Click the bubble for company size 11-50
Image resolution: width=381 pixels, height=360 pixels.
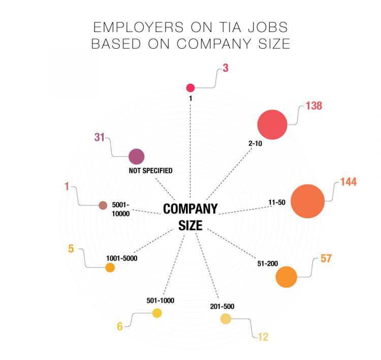pyautogui.click(x=307, y=201)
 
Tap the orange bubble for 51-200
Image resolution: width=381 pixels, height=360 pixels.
pyautogui.click(x=286, y=277)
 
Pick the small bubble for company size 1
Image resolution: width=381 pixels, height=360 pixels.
pyautogui.click(x=190, y=87)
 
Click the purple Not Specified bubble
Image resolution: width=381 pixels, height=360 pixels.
pyautogui.click(x=136, y=157)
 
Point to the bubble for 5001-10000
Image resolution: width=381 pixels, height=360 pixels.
pyautogui.click(x=103, y=205)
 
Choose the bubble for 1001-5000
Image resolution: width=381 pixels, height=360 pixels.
pyautogui.click(x=110, y=267)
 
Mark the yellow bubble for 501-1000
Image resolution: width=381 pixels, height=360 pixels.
pyautogui.click(x=156, y=313)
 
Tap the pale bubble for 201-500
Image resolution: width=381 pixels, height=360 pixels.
pyautogui.click(x=226, y=319)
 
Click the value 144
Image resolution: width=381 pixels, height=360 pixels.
pyautogui.click(x=348, y=182)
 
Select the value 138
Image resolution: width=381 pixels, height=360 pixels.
pyautogui.click(x=314, y=106)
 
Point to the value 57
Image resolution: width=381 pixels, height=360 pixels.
pyautogui.click(x=326, y=258)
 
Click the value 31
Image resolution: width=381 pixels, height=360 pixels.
pyautogui.click(x=100, y=137)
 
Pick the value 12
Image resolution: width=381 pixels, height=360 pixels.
pyautogui.click(x=262, y=336)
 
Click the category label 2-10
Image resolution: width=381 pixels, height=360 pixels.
pyautogui.click(x=255, y=144)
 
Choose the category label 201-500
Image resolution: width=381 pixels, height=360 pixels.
pyautogui.click(x=221, y=307)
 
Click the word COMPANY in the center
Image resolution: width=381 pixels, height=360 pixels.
pyautogui.click(x=190, y=208)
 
